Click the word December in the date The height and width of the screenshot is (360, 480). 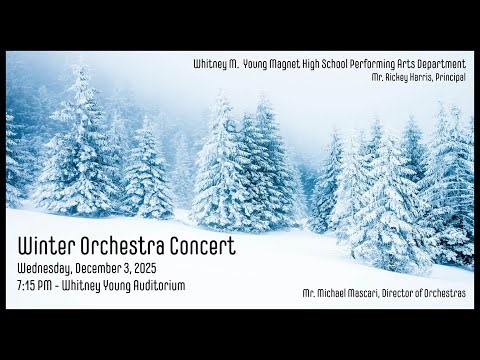(x=110, y=269)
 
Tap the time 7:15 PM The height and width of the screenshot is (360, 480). (x=35, y=286)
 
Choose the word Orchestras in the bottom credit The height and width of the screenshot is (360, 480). (x=451, y=293)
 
